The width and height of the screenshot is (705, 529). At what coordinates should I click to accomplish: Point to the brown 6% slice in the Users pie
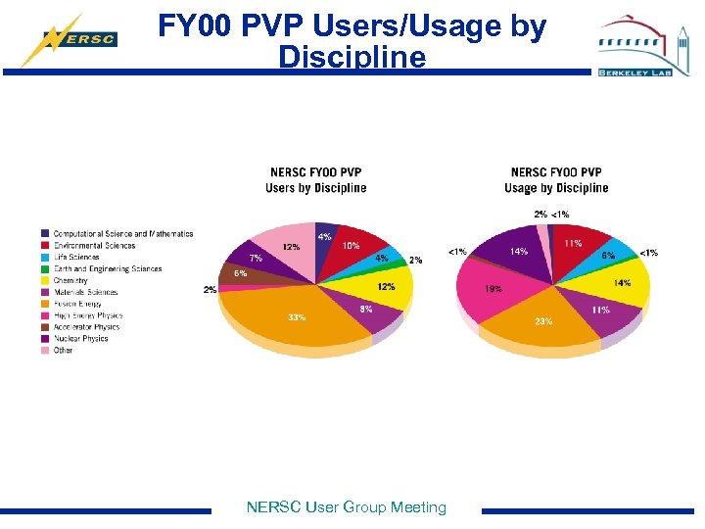tap(238, 273)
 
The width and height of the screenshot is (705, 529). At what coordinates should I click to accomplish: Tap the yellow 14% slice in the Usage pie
tap(619, 283)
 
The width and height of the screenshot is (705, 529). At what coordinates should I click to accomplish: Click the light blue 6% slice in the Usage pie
tap(609, 254)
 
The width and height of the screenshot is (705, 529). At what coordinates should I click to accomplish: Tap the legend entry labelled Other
tap(63, 351)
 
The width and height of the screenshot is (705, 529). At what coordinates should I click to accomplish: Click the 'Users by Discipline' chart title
tap(315, 180)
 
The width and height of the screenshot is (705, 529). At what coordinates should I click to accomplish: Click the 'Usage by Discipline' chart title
tap(556, 180)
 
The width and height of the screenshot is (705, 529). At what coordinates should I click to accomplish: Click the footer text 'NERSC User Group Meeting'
tap(346, 507)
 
